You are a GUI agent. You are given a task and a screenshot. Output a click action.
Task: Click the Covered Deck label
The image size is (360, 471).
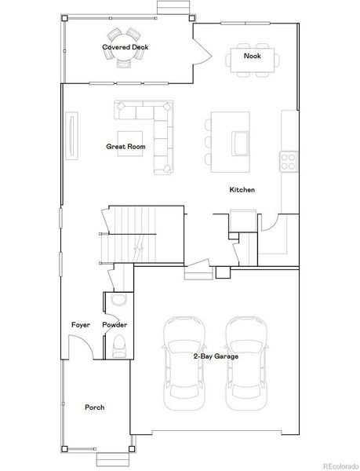(x=125, y=47)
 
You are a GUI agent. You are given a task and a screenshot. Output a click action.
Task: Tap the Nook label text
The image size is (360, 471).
(x=252, y=57)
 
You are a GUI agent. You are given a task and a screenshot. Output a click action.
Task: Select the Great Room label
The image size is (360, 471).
(x=125, y=147)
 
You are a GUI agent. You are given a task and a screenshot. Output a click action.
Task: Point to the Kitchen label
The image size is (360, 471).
(x=242, y=191)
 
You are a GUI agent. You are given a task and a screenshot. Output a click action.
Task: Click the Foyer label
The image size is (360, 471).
(x=81, y=325)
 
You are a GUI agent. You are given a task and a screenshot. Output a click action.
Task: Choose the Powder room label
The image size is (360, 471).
(x=115, y=325)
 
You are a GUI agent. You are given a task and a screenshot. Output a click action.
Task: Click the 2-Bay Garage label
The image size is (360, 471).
(x=216, y=356)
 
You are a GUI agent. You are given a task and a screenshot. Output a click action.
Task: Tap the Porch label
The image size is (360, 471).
(x=95, y=407)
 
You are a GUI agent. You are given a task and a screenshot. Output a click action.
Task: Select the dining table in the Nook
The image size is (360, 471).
(x=252, y=57)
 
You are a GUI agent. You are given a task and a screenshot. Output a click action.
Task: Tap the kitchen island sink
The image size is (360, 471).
(x=241, y=144)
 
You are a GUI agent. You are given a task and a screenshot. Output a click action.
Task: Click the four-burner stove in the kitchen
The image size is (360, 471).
(x=288, y=160)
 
